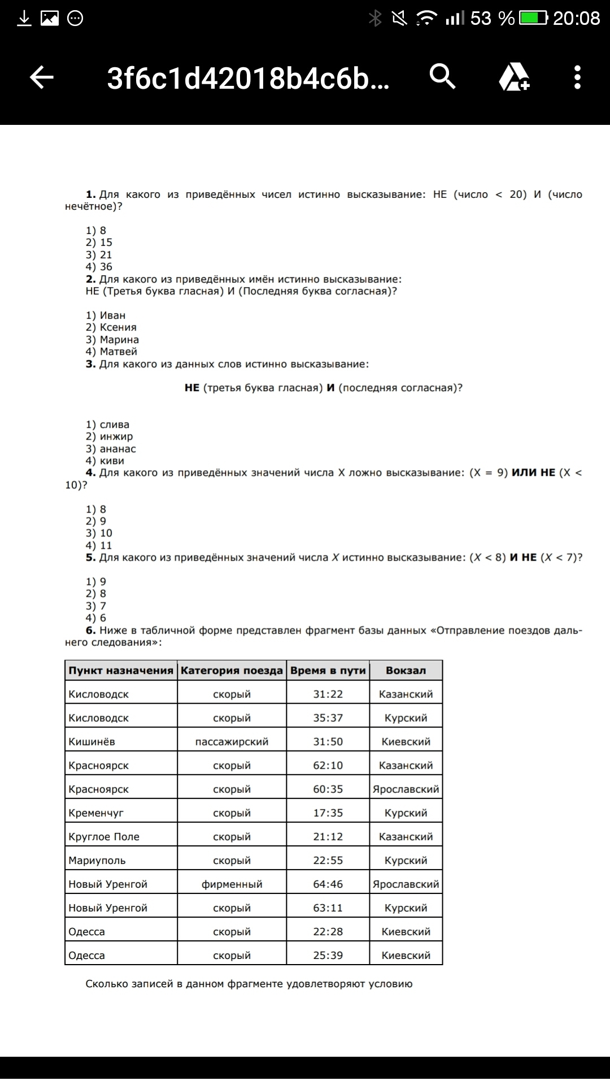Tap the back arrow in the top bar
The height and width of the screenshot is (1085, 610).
click(x=41, y=77)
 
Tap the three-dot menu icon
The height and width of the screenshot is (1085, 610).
click(x=577, y=77)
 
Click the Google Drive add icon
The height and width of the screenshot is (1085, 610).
click(x=514, y=77)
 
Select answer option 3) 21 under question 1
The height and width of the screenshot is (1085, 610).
click(x=99, y=255)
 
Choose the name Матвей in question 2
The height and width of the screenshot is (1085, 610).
click(x=111, y=351)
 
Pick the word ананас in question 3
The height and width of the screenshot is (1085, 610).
click(x=111, y=449)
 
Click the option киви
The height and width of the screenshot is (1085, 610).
click(x=105, y=461)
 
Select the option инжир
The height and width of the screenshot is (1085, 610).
click(x=109, y=436)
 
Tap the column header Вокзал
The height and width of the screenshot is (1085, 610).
click(x=406, y=671)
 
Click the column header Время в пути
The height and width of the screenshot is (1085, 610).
click(x=328, y=671)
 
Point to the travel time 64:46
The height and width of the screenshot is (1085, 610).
click(x=328, y=884)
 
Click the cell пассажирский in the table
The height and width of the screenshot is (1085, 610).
click(x=232, y=742)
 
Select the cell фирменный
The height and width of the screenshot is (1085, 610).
click(x=232, y=884)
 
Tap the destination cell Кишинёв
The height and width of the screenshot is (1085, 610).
click(x=91, y=742)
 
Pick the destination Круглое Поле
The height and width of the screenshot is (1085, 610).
click(x=104, y=837)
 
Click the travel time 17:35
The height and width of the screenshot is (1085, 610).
click(x=328, y=813)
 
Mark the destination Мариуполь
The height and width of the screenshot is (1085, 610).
click(x=97, y=861)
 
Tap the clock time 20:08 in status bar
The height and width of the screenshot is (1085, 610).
click(x=576, y=19)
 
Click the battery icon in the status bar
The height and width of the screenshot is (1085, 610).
click(x=533, y=19)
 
